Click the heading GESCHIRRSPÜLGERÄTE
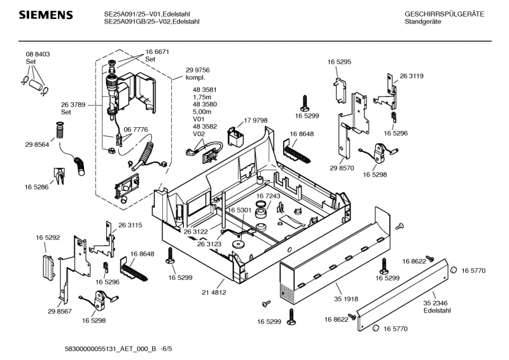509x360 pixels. click(x=444, y=14)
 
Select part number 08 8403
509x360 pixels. click(x=38, y=55)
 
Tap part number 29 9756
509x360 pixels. click(x=198, y=70)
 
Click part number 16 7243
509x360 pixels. click(x=268, y=197)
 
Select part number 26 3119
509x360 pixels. click(x=412, y=76)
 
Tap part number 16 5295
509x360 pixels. click(x=340, y=62)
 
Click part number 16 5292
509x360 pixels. click(x=48, y=238)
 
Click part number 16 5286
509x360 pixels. click(x=37, y=187)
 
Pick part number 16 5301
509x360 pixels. click(x=240, y=210)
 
